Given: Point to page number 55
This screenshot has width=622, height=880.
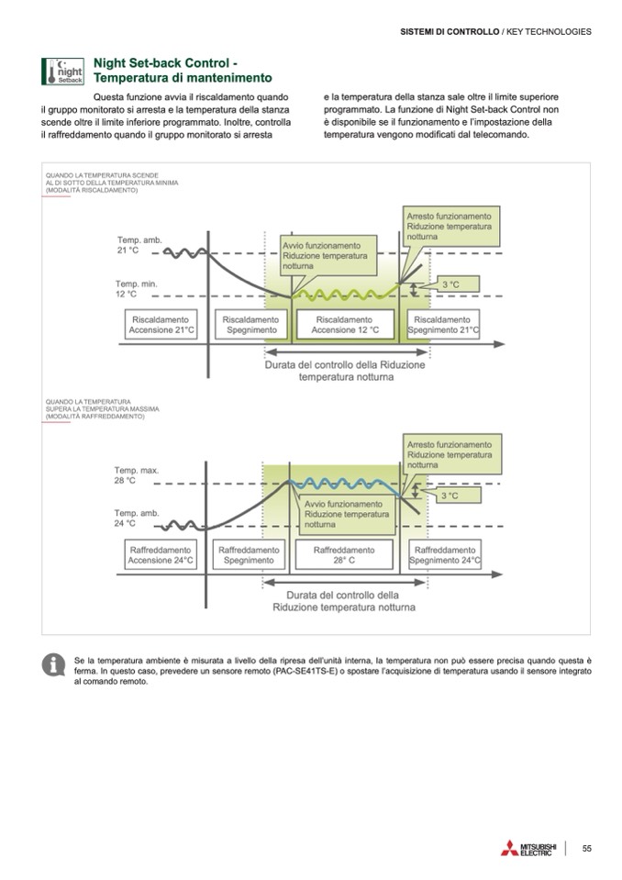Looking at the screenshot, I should (x=586, y=848).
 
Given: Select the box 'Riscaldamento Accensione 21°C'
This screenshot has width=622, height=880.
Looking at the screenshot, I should (x=161, y=324).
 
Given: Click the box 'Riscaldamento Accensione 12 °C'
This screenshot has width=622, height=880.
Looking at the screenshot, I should (x=345, y=324).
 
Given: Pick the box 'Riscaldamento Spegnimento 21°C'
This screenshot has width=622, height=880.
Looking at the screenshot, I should (x=443, y=324).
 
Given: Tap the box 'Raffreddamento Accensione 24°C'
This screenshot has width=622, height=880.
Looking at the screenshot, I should (x=161, y=554).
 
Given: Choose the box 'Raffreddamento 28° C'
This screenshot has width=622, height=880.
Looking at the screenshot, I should (x=345, y=554).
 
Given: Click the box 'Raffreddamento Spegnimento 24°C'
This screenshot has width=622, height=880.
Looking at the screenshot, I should (x=444, y=554).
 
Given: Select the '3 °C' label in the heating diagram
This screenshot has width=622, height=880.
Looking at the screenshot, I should (x=451, y=285).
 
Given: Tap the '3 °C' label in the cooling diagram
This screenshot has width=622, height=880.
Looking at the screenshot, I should (x=450, y=496).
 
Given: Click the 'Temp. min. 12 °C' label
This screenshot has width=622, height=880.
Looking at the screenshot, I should (x=136, y=289).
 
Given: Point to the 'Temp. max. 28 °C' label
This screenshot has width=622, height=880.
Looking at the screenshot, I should (x=137, y=475).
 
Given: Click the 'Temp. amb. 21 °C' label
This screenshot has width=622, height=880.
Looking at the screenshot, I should (x=138, y=244).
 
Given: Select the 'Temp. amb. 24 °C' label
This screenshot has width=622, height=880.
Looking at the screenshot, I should (x=136, y=518).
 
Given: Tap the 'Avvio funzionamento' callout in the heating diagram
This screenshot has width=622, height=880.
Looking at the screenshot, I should (x=321, y=255).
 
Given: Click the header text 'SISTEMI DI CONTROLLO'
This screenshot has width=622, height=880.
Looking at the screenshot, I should (x=450, y=31).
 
